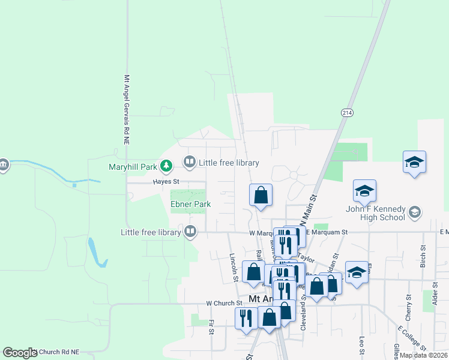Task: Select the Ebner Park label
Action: click(x=190, y=204)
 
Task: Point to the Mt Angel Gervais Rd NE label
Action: click(x=127, y=109)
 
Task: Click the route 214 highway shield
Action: click(x=348, y=112)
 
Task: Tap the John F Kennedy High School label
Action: click(x=375, y=213)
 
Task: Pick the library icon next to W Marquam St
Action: click(x=191, y=231)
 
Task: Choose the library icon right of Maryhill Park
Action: click(x=189, y=162)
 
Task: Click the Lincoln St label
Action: click(x=235, y=267)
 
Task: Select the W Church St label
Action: click(x=223, y=304)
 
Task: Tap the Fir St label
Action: click(x=211, y=328)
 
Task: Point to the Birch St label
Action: click(x=423, y=256)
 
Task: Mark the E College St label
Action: click(x=411, y=339)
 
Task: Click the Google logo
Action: click(x=20, y=353)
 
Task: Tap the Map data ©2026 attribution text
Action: click(x=423, y=355)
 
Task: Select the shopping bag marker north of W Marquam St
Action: click(x=261, y=195)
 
